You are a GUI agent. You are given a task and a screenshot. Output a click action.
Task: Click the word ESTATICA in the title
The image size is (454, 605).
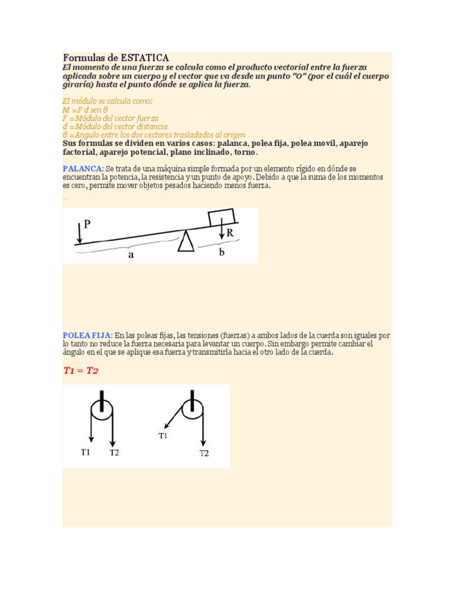tap(145, 58)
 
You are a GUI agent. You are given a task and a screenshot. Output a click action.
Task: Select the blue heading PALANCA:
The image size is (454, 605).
tap(83, 169)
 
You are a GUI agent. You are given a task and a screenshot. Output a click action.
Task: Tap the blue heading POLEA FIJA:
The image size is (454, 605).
tap(87, 335)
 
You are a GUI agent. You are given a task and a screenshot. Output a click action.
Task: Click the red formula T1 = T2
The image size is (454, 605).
tap(81, 370)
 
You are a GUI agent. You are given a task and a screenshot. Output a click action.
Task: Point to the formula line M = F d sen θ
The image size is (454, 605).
tap(85, 110)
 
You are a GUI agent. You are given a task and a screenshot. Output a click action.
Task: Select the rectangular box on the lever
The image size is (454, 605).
tap(221, 217)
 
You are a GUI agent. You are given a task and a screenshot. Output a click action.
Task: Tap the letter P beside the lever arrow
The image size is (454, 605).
tap(87, 224)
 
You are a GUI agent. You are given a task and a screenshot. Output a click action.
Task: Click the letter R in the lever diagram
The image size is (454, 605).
tap(230, 233)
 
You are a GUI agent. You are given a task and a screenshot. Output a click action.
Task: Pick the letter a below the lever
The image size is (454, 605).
tap(131, 255)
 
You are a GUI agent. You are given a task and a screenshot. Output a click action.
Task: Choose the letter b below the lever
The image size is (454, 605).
tap(222, 253)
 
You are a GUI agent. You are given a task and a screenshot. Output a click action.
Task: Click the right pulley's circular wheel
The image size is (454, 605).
tap(192, 408)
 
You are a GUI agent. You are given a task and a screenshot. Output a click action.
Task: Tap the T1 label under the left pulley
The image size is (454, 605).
tap(86, 453)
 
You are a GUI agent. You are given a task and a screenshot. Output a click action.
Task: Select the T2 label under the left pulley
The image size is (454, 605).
tap(114, 453)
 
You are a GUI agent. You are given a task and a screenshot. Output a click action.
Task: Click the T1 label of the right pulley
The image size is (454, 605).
tap(163, 435)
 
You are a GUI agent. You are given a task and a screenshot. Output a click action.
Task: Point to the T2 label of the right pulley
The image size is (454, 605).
tap(204, 453)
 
